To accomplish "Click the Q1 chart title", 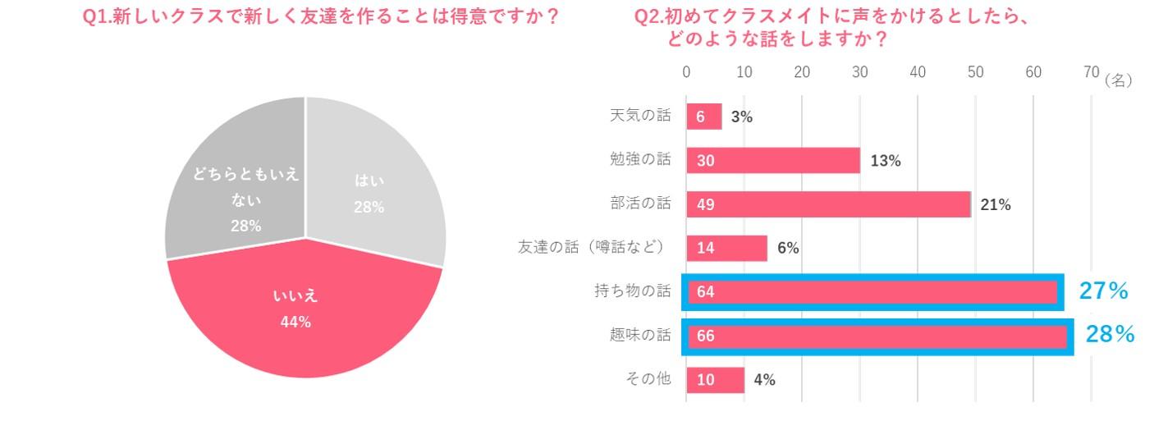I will [x=321, y=17].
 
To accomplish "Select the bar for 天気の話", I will [x=704, y=117].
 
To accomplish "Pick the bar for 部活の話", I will [x=828, y=204].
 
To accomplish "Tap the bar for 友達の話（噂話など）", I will [x=726, y=248].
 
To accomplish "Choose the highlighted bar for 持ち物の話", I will [x=872, y=292].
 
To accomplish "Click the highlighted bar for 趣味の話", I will [x=877, y=336].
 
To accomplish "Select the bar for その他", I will [x=715, y=380].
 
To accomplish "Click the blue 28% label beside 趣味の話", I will [x=1110, y=334].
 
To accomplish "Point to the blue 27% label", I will [x=1103, y=291].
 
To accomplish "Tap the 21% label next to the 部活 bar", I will [x=995, y=205].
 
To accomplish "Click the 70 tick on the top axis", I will [x=1091, y=72].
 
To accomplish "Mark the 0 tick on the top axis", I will [x=687, y=72].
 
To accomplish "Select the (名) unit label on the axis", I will [x=1119, y=80].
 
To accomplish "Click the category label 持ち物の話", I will [x=632, y=291].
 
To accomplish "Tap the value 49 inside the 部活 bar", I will [x=706, y=205].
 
